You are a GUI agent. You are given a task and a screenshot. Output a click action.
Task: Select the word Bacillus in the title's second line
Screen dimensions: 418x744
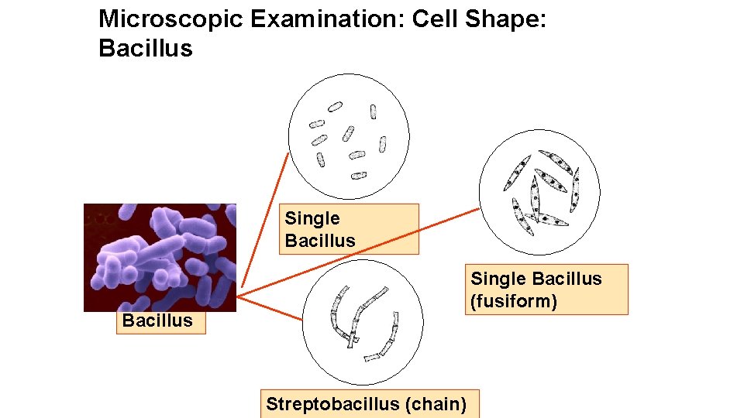click(x=145, y=48)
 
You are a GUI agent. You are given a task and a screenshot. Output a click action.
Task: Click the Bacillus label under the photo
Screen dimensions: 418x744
click(x=157, y=320)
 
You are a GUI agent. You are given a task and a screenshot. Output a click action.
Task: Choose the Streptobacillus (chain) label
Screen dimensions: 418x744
click(x=367, y=404)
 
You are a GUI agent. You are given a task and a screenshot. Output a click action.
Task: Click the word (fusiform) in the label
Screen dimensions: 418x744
click(x=513, y=301)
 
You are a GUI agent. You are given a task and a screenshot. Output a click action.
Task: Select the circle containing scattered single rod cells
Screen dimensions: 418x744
click(x=348, y=136)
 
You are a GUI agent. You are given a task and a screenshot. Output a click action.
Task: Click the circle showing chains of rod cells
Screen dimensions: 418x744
click(x=363, y=321)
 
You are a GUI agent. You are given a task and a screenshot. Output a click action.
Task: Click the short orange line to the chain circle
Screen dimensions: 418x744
click(x=270, y=308)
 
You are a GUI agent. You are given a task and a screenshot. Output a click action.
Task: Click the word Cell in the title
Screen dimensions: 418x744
click(x=436, y=19)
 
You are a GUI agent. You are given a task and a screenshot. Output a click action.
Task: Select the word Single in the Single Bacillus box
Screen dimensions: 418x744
click(x=312, y=219)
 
